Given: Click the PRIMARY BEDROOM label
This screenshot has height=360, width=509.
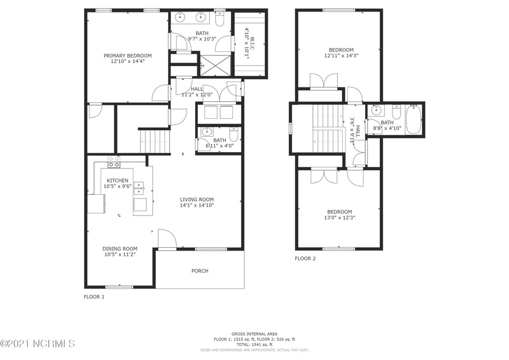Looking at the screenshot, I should (128, 56).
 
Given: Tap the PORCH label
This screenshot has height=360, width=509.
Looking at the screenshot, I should (200, 271).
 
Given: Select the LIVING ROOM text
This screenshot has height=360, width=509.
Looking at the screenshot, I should (197, 200).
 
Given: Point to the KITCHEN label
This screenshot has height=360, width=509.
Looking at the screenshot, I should (118, 181).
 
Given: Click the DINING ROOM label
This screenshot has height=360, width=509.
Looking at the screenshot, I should (120, 248).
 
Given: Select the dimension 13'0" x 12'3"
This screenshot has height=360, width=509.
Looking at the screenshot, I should (340, 217).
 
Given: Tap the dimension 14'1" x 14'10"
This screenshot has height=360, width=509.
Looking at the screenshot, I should (197, 206).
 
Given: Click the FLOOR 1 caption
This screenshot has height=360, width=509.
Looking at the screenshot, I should (93, 297).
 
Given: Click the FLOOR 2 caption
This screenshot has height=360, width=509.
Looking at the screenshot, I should (305, 258).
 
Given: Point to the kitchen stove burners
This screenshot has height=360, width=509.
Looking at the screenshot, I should (114, 161).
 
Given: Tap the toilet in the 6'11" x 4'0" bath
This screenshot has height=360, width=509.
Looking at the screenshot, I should (233, 133).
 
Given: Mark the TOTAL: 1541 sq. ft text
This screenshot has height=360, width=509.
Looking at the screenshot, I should (254, 344).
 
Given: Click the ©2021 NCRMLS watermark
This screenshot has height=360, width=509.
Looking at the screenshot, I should (38, 344).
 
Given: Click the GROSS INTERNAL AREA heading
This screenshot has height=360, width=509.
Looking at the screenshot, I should (254, 334).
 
